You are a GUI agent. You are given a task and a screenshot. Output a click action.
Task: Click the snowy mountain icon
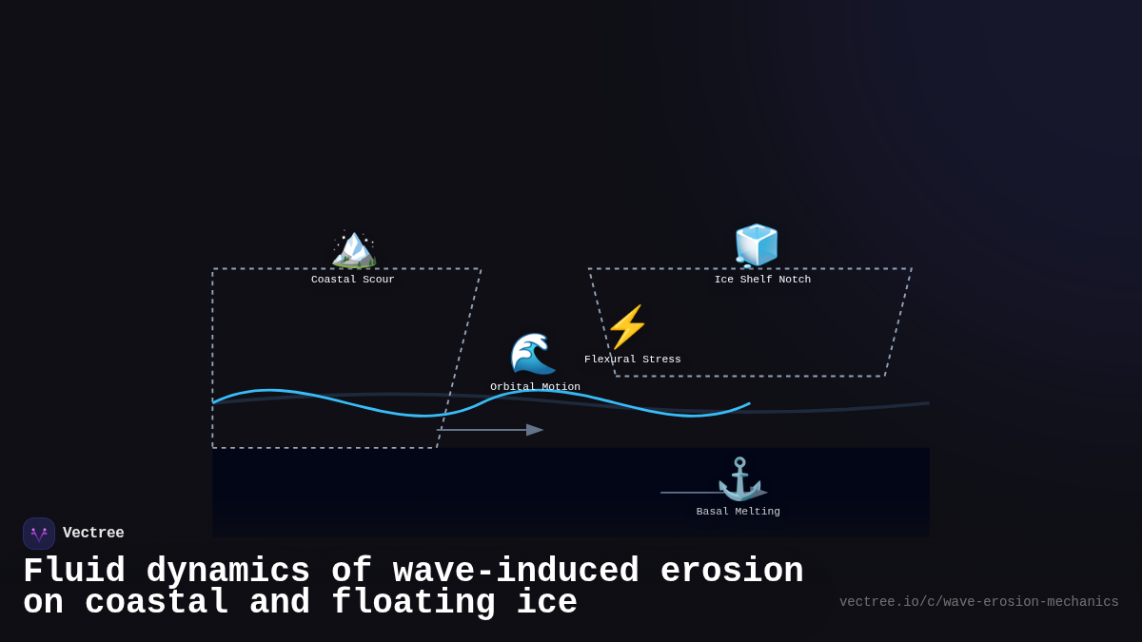353,248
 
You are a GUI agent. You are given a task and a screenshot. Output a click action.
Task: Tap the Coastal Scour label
353,280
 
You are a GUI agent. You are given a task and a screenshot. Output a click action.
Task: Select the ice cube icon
757,245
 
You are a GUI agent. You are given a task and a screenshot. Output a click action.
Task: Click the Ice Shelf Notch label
762,280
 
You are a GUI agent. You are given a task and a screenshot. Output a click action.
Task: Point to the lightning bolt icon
627,327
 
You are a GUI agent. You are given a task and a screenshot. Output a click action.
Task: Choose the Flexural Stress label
633,360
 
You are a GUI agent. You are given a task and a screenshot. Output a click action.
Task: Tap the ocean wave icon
533,355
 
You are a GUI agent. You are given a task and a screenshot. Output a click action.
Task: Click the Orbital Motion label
535,387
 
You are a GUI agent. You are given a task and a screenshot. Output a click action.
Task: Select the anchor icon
738,478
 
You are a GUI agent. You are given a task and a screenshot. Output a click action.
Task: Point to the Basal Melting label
738,512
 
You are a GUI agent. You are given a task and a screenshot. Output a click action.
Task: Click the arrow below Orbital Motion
490,430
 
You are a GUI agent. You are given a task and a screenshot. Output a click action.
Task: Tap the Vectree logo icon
39,534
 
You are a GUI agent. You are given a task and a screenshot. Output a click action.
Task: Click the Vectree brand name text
93,534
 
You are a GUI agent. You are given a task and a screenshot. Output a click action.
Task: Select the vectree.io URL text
978,602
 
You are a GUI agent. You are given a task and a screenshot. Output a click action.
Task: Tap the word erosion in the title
732,572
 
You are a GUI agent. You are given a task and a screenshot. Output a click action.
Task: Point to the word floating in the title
413,603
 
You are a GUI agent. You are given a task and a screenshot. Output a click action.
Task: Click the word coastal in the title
156,603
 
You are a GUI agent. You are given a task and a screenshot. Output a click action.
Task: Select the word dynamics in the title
227,572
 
